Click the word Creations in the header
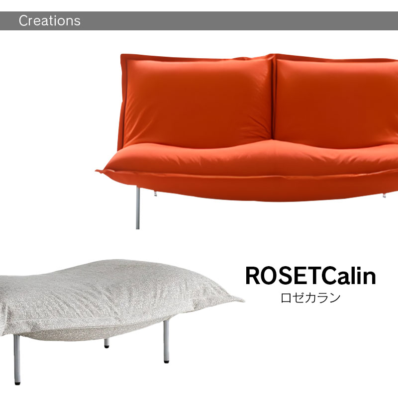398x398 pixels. (x=49, y=21)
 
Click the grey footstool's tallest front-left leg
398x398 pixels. (x=17, y=358)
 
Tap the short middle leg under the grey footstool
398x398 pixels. (x=106, y=343)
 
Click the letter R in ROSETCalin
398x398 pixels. (x=253, y=276)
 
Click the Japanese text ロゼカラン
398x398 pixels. (x=310, y=298)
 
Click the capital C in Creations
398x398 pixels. (x=23, y=21)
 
